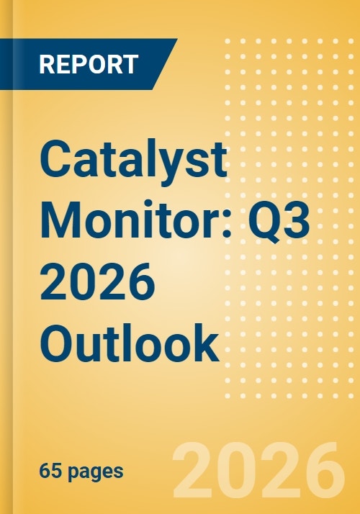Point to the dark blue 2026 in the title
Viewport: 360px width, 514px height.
click(97, 280)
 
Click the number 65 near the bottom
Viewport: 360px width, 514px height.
click(51, 472)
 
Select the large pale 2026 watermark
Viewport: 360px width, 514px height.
click(259, 472)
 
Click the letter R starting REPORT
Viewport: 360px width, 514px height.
click(47, 64)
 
